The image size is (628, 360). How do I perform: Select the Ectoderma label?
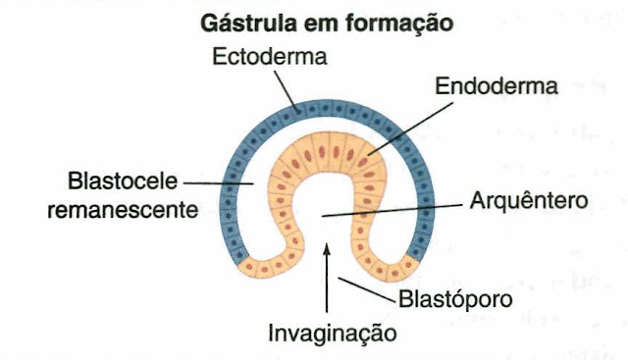pos(270,57)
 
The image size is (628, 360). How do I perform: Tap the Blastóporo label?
pos(454,296)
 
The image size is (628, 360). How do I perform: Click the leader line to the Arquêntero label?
pos(392,208)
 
